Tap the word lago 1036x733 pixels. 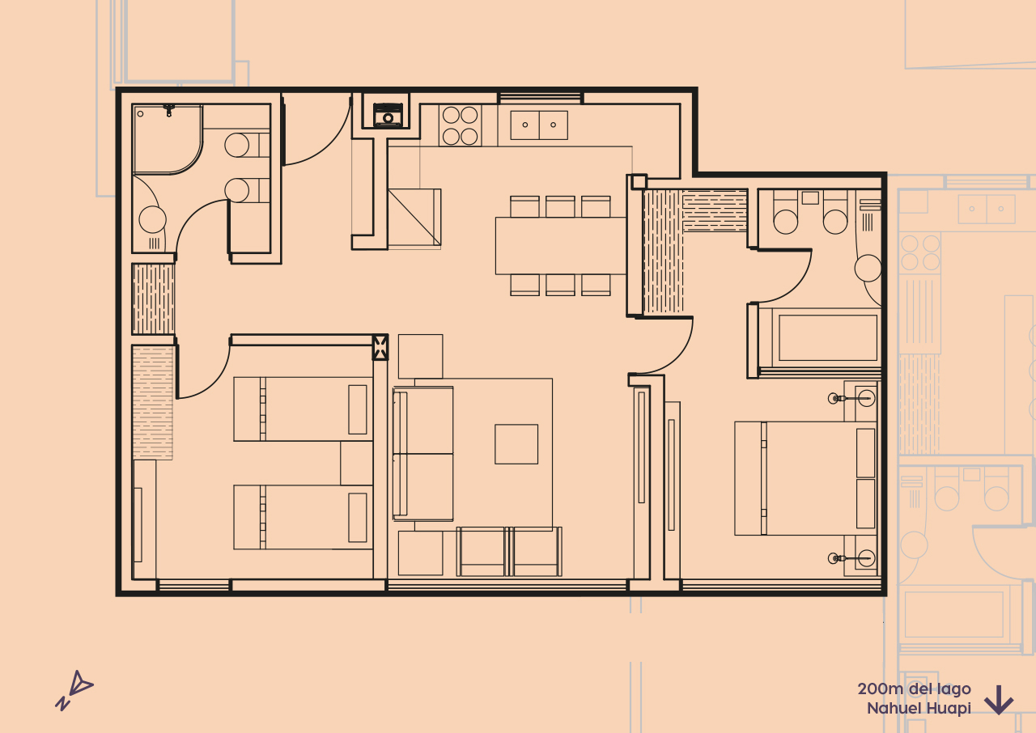953,689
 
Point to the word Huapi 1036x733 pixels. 950,708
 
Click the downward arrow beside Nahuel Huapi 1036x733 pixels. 999,700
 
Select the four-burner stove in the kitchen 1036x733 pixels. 460,126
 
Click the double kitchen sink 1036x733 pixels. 539,125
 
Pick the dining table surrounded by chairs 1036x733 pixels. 560,245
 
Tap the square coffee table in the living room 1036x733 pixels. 516,444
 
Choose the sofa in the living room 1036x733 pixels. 422,453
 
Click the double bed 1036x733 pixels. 806,478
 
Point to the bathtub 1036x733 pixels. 827,337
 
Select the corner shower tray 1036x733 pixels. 167,138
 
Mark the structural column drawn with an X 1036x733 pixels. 380,347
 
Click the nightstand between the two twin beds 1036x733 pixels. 356,463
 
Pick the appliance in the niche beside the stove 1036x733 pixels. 388,114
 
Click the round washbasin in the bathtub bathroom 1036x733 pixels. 868,268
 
